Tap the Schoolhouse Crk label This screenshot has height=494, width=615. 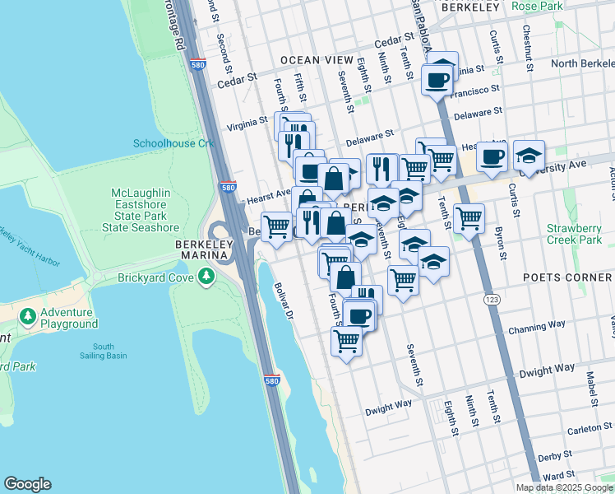(x=173, y=143)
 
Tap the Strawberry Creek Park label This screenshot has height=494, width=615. (x=579, y=234)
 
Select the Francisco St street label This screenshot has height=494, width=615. (x=479, y=88)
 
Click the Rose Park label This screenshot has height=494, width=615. (x=537, y=7)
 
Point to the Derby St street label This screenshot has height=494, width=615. (x=554, y=455)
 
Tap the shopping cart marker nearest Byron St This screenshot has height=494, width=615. (x=469, y=218)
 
